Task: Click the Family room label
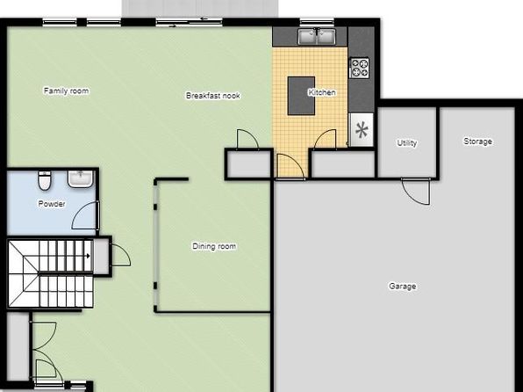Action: pyautogui.click(x=67, y=91)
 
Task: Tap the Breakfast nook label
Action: pyautogui.click(x=213, y=96)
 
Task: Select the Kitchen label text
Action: pyautogui.click(x=322, y=92)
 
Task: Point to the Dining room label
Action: pyautogui.click(x=214, y=246)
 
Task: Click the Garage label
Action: pyautogui.click(x=403, y=287)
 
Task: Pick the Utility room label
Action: pyautogui.click(x=407, y=143)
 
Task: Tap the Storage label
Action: pyautogui.click(x=477, y=142)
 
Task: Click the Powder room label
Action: pyautogui.click(x=52, y=204)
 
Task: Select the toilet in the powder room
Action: pyautogui.click(x=45, y=180)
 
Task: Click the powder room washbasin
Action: pyautogui.click(x=81, y=178)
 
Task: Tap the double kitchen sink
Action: pyautogui.click(x=317, y=36)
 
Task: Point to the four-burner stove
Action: pyautogui.click(x=359, y=68)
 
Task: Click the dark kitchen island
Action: pyautogui.click(x=301, y=96)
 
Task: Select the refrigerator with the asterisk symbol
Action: pyautogui.click(x=362, y=130)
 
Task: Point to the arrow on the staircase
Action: pyautogui.click(x=89, y=256)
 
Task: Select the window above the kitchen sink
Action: pyautogui.click(x=317, y=22)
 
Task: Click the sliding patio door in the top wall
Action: pyautogui.click(x=189, y=22)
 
